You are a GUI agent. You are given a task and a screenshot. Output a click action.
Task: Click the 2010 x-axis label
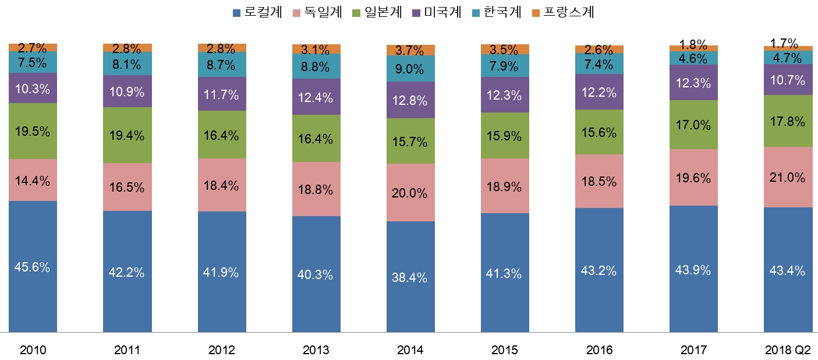pyautogui.click(x=33, y=350)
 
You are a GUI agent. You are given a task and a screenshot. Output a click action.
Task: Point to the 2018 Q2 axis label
pyautogui.click(x=788, y=350)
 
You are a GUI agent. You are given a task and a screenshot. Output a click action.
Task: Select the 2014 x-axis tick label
pyautogui.click(x=410, y=350)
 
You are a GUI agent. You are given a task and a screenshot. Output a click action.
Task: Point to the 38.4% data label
pyautogui.click(x=410, y=278)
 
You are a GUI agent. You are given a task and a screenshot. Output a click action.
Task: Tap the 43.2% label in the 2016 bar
pyautogui.click(x=599, y=271)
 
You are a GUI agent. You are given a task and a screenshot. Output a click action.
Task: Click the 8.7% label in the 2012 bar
pyautogui.click(x=222, y=65)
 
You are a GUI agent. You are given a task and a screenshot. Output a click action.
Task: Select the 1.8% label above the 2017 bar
pyautogui.click(x=693, y=44)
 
